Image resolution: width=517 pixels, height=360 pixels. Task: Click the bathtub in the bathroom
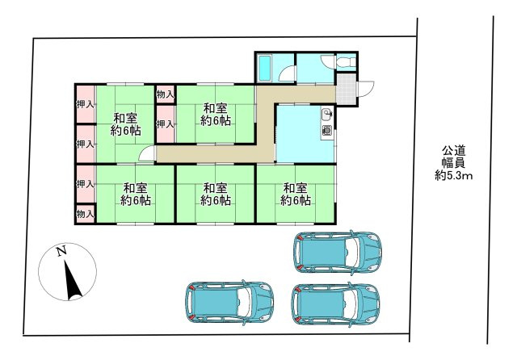coord(264,68)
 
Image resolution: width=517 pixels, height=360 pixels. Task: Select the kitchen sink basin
coord(326,115)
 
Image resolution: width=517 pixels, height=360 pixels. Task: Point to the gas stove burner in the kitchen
coord(326,131)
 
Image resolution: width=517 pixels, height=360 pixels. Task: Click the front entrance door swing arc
coord(366,89)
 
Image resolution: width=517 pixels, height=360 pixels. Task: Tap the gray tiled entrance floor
coord(347,89)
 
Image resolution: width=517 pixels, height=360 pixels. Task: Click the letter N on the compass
coord(61,251)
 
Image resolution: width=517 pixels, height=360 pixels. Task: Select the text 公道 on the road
coord(454,151)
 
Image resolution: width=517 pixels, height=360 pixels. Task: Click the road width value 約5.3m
coord(454,176)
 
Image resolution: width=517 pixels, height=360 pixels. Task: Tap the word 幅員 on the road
coord(454,163)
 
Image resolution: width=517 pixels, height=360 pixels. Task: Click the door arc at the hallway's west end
coord(145,153)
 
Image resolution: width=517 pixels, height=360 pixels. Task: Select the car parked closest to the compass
coord(229,302)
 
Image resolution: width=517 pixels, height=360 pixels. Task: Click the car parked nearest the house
coord(338,253)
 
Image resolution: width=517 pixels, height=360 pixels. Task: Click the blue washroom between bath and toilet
coord(315,68)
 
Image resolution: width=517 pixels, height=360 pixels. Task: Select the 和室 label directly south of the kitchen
coord(296,188)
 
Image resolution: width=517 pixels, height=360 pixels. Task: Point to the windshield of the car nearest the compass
coord(245,302)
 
